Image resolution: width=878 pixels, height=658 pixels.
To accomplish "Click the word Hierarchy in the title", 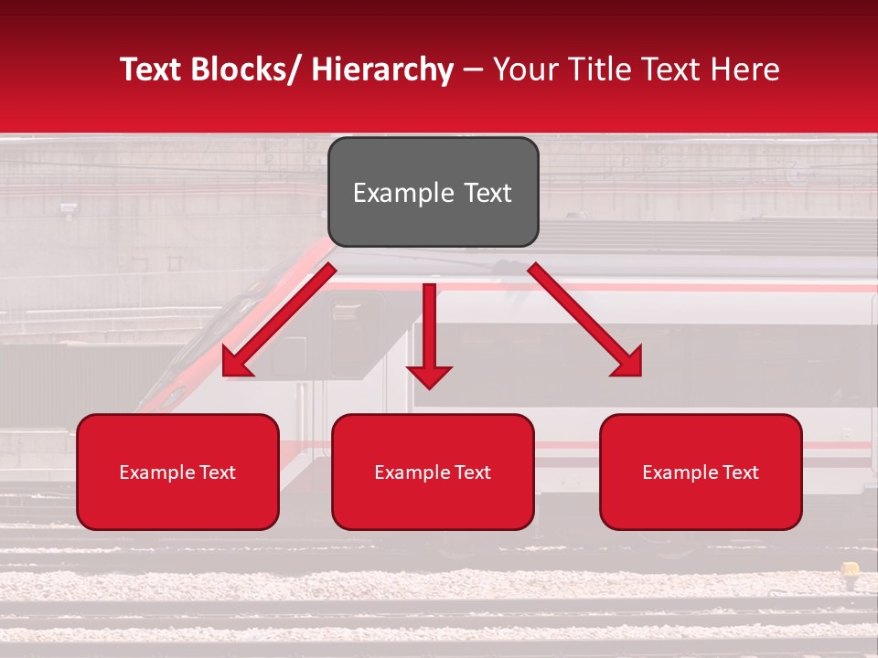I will coord(382,70).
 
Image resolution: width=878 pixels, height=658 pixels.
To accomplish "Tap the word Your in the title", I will coord(523,70).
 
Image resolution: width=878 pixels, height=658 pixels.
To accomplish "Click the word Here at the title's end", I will coord(745,70).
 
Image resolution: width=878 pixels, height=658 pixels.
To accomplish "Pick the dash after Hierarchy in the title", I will coord(473,70).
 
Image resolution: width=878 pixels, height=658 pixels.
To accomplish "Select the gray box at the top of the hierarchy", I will coord(433,192).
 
